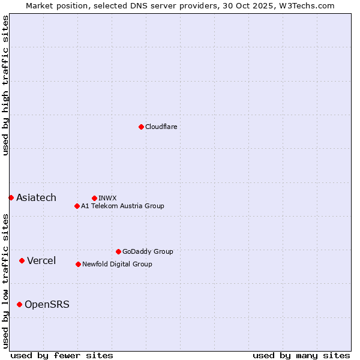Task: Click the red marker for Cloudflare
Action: coord(141,127)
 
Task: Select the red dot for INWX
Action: coord(94,198)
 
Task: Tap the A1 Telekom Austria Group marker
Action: coord(77,206)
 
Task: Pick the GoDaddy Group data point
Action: coord(118,251)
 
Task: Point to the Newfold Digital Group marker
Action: coord(78,264)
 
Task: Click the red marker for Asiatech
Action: coord(11,197)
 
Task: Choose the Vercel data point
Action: coord(22,260)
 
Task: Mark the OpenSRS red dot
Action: coord(19,305)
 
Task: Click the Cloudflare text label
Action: coord(161,127)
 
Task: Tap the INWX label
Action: coord(107,198)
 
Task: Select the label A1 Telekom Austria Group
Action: coord(122,206)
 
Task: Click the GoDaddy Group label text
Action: coord(148,251)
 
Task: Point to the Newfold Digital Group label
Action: coord(117,264)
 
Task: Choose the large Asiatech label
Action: coord(36,198)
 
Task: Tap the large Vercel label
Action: coord(41,260)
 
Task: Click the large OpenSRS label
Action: coord(47,305)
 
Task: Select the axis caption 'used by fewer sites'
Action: coord(62,355)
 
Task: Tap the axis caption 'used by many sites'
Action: coord(301,355)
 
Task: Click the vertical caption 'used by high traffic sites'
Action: coord(5,85)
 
